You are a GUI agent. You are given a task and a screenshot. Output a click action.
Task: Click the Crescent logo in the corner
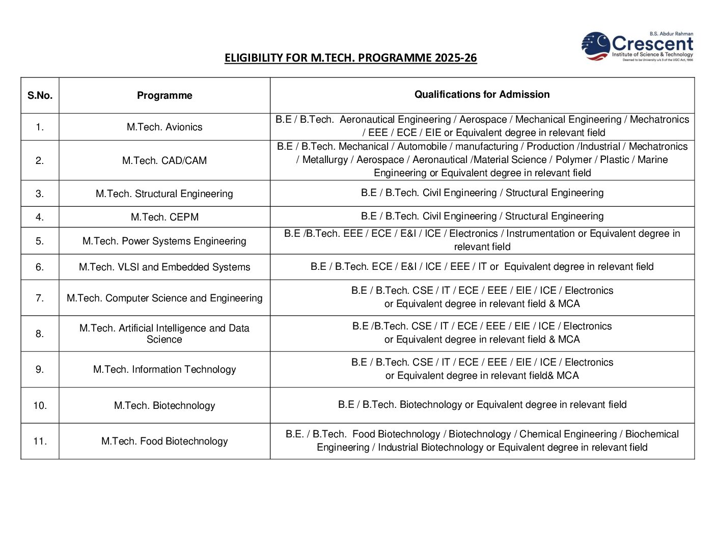pos(638,46)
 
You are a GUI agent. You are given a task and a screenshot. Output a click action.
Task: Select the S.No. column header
pos(40,95)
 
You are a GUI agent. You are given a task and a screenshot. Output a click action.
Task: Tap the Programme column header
pos(164,95)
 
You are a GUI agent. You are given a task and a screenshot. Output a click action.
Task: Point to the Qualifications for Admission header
pos(482,94)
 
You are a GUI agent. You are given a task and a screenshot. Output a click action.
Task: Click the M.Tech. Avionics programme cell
pos(164,127)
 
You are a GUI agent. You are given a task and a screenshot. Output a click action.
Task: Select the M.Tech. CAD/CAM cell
pos(164,160)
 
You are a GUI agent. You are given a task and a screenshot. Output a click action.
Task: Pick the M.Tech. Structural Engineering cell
pos(164,193)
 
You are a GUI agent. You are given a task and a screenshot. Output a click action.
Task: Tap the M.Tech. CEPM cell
pos(164,217)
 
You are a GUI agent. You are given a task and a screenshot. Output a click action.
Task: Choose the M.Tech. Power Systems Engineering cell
pos(164,241)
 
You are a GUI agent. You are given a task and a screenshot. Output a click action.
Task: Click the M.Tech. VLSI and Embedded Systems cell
pos(164,267)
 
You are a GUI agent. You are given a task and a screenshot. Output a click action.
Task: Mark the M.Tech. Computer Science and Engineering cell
pos(164,298)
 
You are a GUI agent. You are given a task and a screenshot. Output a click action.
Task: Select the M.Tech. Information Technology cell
pos(164,369)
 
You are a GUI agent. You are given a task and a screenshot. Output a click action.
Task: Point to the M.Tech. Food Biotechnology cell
pos(164,441)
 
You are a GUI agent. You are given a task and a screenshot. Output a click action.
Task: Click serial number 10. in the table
pos(40,405)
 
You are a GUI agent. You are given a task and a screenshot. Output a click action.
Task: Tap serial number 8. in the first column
pos(40,334)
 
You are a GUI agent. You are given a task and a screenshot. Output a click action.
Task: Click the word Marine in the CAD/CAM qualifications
pos(652,159)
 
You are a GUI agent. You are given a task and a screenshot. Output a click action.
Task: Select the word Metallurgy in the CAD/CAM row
pos(325,159)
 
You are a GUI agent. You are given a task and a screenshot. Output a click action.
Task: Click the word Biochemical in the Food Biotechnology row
pos(652,434)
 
